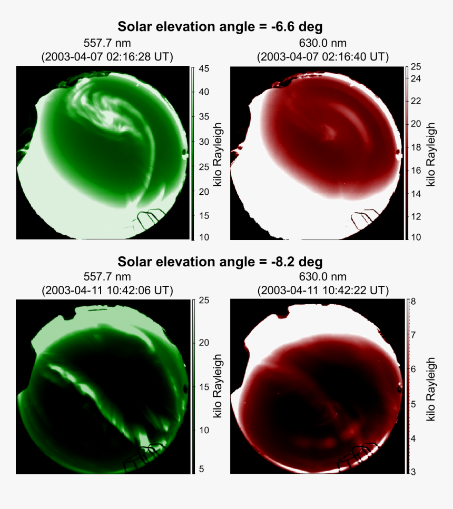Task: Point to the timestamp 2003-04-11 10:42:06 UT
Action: pyautogui.click(x=107, y=290)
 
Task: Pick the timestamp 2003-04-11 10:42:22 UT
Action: pyautogui.click(x=323, y=290)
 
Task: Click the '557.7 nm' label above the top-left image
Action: pyautogui.click(x=107, y=43)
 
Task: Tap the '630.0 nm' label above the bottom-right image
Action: pyautogui.click(x=323, y=277)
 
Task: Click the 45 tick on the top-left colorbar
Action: pyautogui.click(x=204, y=68)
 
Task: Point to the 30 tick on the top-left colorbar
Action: pyautogui.click(x=204, y=142)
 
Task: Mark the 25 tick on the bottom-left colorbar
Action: pyautogui.click(x=204, y=301)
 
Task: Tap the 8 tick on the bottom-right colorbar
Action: pyautogui.click(x=413, y=302)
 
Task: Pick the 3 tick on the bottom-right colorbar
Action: pyautogui.click(x=413, y=472)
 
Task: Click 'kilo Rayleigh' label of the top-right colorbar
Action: pyautogui.click(x=430, y=154)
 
